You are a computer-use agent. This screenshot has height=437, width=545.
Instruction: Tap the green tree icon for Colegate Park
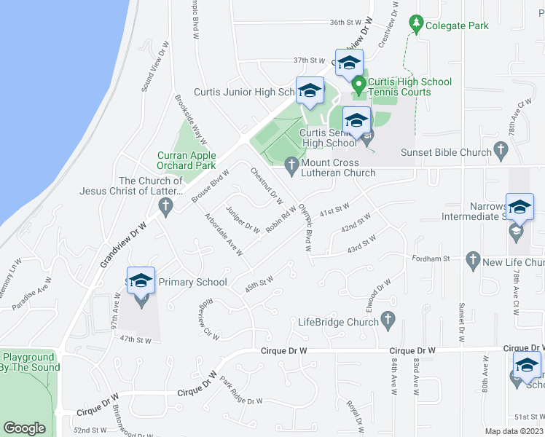(x=416, y=25)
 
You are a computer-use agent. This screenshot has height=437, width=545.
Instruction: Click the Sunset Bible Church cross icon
(x=500, y=151)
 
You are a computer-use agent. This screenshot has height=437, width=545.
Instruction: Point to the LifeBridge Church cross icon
(x=388, y=320)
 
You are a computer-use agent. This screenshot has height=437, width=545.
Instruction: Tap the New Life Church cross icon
(x=473, y=261)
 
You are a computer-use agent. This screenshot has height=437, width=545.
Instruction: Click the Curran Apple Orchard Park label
(x=187, y=160)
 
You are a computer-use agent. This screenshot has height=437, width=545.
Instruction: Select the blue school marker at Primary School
(x=141, y=281)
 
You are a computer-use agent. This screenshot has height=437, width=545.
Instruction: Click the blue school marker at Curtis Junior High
(x=310, y=91)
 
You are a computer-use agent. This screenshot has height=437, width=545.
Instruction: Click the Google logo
(x=24, y=428)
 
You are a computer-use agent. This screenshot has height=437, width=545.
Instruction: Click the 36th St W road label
(x=346, y=23)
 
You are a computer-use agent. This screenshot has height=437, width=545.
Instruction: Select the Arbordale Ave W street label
(x=224, y=235)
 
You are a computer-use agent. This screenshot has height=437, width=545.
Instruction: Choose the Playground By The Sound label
(x=28, y=363)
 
